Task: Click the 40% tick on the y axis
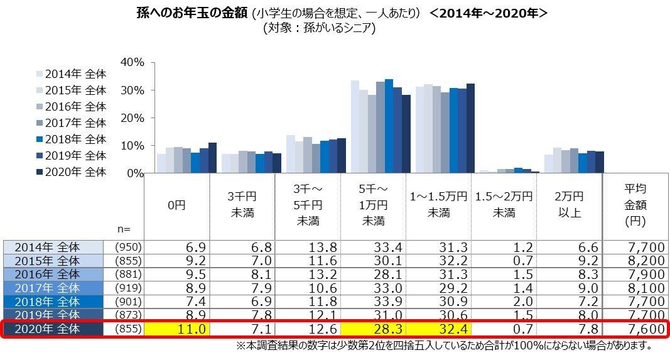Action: (x=132, y=62)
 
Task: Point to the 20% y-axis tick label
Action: (x=132, y=117)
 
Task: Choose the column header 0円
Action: (x=176, y=205)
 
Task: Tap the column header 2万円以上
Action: (x=569, y=205)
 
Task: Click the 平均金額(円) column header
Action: (x=635, y=205)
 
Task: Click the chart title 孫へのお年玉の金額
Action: (x=192, y=13)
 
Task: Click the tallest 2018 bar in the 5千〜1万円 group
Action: (x=389, y=126)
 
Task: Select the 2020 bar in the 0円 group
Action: (x=212, y=158)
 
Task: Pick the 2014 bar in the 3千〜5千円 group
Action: (x=290, y=154)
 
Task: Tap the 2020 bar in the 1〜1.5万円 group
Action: (x=470, y=128)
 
